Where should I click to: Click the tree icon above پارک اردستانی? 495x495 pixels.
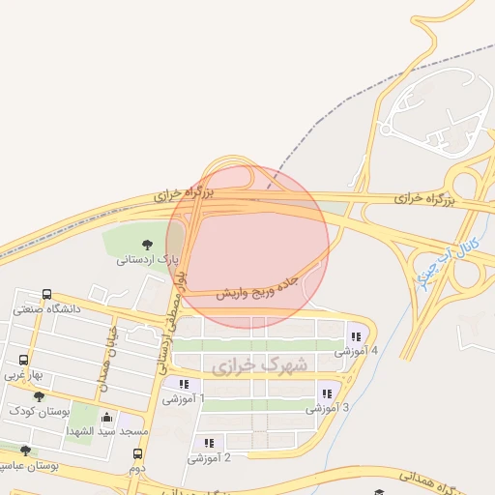146,245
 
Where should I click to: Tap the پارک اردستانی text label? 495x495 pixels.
149,260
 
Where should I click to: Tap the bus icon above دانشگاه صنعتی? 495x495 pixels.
46,295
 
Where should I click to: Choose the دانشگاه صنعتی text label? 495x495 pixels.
46,309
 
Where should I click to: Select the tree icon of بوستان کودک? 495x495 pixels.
39,396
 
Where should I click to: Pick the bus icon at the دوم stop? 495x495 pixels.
137,453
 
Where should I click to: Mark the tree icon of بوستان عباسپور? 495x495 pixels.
25,451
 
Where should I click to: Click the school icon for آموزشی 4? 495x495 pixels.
356,336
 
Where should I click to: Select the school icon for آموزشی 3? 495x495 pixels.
327,393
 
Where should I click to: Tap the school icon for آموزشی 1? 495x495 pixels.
184,384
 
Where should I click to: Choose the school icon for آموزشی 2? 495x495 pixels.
209,443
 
